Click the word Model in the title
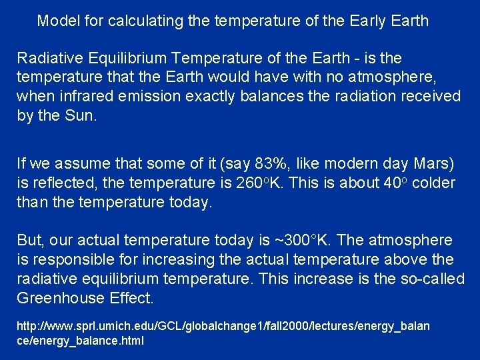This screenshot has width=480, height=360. (x=58, y=21)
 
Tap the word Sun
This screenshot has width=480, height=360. (x=81, y=116)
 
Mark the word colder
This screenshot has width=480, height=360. (x=433, y=183)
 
